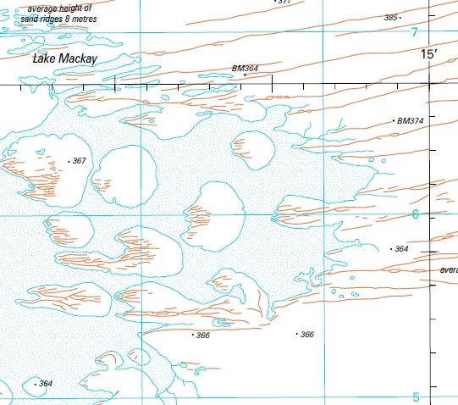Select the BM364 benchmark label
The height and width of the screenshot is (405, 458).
245,68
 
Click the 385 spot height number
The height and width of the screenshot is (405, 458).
390,17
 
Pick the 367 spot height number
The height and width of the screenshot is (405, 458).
80,161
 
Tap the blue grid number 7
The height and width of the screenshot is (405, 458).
414,32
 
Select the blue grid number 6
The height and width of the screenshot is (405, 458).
415,215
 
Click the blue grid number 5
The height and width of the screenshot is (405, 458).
415,397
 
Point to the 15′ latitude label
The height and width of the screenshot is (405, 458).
432,54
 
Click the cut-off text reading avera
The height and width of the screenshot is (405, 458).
449,270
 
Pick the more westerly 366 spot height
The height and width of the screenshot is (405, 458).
202,336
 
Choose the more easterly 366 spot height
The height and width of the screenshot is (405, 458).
307,335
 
